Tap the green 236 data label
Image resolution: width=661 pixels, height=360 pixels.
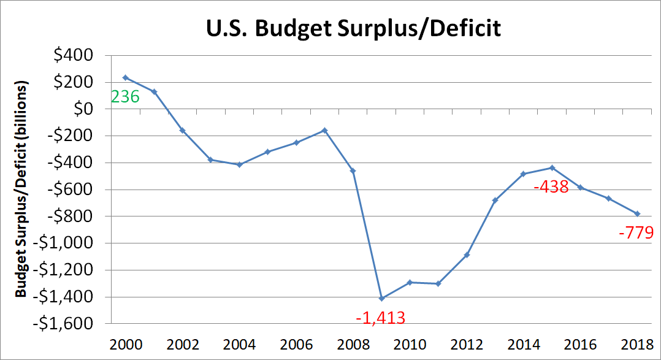pos(124,96)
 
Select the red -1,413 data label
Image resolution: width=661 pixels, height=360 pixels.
pos(380,318)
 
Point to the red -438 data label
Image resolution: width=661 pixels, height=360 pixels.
pos(551,187)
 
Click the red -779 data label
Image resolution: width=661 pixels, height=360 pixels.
pos(636,232)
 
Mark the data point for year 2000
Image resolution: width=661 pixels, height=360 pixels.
pos(125,77)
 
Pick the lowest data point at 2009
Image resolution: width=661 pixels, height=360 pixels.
pos(381,298)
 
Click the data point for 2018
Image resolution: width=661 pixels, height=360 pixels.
pos(638,213)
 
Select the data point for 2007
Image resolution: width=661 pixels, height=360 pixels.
pos(324,130)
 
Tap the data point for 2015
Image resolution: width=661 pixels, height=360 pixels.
pos(552,167)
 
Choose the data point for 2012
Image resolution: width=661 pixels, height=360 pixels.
pos(467,255)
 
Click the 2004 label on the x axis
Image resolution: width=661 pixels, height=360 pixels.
pos(239,342)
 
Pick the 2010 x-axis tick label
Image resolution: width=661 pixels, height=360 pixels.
pos(410,342)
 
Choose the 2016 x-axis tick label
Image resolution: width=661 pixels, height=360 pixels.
pos(581,342)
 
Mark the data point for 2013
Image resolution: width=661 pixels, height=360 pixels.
pos(495,200)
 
